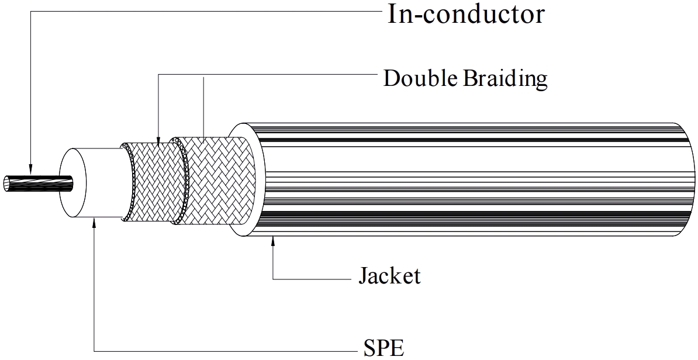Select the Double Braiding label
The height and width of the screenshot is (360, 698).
pyautogui.click(x=465, y=78)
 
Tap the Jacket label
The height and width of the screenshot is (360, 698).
pyautogui.click(x=389, y=275)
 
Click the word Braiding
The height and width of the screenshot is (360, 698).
pyautogui.click(x=506, y=78)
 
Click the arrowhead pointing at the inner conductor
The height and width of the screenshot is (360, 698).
pyautogui.click(x=29, y=169)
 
